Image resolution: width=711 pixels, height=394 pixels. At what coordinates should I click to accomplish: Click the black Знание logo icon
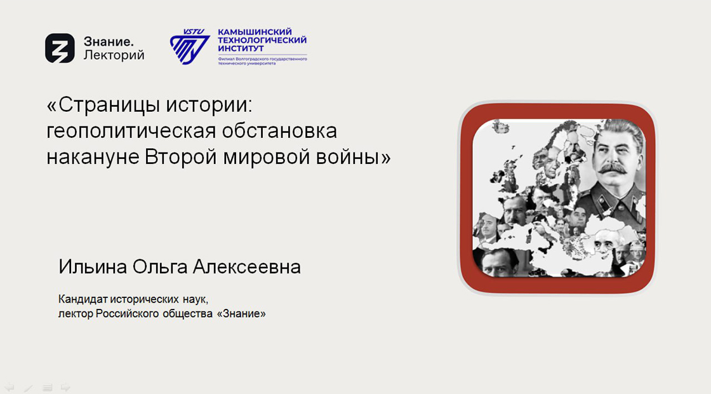[x=60, y=48]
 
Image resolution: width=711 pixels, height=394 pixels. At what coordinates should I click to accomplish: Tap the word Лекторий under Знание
[x=114, y=55]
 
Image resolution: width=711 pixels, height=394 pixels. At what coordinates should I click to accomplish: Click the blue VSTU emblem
[x=190, y=46]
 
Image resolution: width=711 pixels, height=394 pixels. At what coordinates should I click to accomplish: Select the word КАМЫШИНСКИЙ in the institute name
[x=255, y=32]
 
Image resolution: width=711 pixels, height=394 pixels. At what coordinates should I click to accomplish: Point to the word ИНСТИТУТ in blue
[x=241, y=48]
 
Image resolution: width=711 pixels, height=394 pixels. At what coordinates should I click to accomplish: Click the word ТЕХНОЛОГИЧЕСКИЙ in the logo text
[x=262, y=40]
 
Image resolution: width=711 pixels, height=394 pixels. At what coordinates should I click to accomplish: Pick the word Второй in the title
[x=180, y=157]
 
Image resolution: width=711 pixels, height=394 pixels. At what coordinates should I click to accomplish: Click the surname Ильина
[x=93, y=267]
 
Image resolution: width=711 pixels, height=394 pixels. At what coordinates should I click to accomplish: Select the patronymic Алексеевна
[x=247, y=267]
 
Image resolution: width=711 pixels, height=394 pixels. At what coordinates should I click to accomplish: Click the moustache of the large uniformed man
[x=612, y=168]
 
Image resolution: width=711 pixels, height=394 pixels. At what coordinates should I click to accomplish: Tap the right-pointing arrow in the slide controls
[x=66, y=387]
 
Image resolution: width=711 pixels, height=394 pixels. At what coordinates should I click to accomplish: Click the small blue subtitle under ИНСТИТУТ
[x=263, y=61]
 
